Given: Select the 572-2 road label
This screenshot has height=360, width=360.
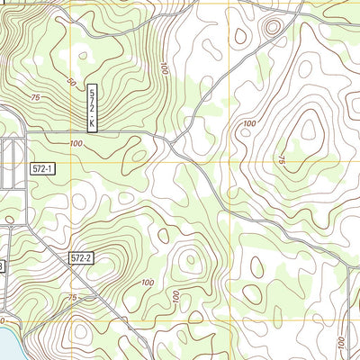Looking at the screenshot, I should [81, 258].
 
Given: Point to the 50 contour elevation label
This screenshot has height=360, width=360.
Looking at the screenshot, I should [70, 81].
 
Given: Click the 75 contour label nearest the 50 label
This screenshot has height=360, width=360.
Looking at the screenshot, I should [36, 97].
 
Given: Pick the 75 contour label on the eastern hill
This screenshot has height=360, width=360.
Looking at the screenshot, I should [282, 160].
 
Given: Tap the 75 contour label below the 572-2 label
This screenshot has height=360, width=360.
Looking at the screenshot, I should [72, 298].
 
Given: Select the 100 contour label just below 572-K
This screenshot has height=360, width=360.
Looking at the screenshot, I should [76, 144].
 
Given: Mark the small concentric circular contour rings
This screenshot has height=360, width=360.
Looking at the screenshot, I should [271, 28].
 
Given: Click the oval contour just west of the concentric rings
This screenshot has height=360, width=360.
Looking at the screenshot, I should [240, 36].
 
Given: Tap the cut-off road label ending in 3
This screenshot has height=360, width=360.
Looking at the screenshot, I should [2, 266].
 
